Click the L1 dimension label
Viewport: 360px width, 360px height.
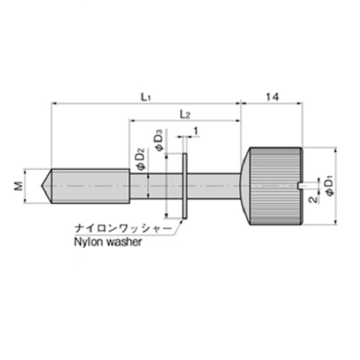point(145,97)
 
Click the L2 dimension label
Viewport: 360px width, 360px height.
point(185,114)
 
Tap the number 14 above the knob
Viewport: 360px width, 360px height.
point(272,97)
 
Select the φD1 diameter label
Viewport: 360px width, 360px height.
point(330,186)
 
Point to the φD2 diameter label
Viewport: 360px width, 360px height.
point(142,160)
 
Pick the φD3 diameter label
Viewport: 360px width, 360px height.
point(160,140)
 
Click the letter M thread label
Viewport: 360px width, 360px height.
point(19,186)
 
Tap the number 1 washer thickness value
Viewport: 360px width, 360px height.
point(196,131)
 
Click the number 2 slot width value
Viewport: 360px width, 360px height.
point(313,199)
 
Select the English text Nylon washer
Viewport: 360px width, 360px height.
point(108,242)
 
